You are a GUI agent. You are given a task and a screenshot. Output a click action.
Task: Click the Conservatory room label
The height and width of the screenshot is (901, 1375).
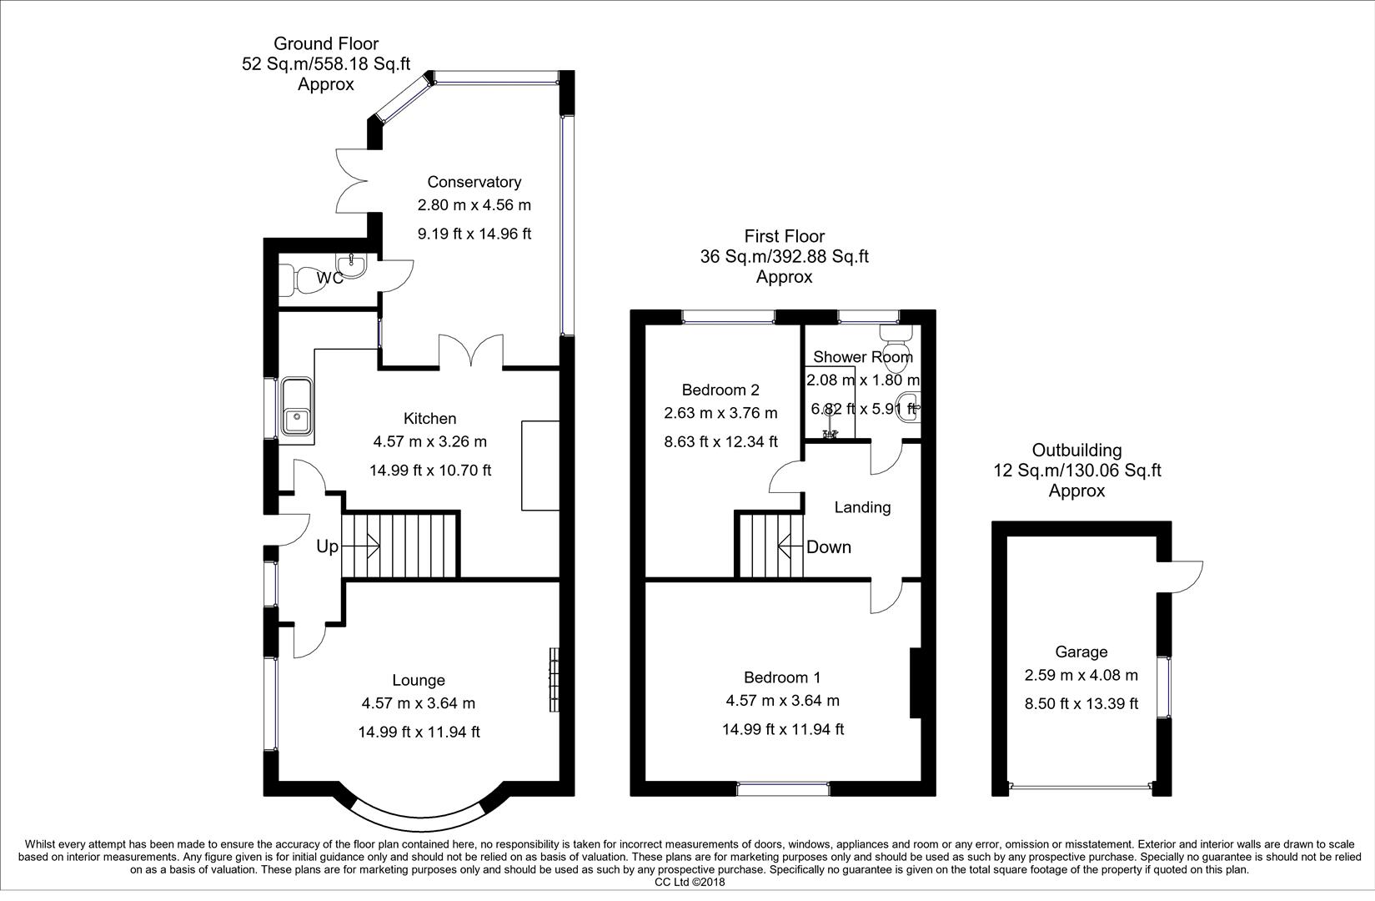474,182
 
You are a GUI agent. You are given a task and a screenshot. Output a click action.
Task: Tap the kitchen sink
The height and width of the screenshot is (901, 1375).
297,406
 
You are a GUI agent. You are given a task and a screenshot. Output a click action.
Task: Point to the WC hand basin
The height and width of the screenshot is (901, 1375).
350,265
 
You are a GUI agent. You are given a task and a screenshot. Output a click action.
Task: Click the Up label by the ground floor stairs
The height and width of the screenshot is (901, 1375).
327,546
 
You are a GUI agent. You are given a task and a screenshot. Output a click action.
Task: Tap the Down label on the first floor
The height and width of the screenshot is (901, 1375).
829,546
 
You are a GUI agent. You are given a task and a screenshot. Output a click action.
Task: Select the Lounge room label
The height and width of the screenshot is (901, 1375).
419,680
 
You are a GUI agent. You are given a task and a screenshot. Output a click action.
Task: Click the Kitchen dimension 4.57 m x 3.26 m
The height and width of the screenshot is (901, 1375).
429,441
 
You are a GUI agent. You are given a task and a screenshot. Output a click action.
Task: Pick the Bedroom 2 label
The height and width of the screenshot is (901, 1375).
720,390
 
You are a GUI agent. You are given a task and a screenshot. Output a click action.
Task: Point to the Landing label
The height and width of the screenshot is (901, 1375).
862,506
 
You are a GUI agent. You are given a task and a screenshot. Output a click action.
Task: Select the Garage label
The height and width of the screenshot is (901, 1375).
1081,652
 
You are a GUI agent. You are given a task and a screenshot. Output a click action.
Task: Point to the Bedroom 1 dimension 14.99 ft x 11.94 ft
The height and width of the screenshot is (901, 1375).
783,729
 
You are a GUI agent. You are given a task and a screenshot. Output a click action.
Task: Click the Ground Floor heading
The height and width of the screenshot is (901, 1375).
326,43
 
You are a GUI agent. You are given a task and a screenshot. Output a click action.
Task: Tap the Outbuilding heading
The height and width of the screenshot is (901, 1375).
1076,450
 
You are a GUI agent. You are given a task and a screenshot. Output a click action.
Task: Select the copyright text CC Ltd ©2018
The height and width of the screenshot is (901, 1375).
690,883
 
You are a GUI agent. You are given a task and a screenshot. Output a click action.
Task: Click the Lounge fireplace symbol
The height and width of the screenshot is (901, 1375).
555,679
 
